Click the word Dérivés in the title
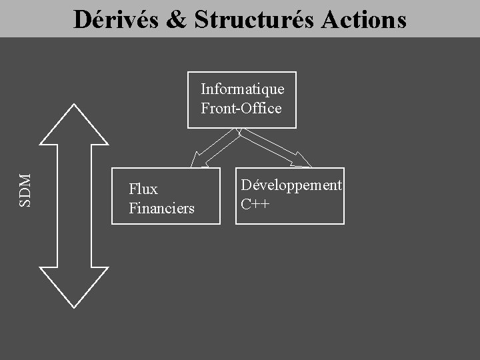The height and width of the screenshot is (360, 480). pos(116,19)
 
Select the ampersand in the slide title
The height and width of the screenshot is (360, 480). pos(177,19)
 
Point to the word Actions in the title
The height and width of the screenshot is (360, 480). pos(364,19)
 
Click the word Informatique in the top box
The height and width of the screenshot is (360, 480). pos(242,89)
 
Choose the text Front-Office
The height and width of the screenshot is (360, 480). pos(241,108)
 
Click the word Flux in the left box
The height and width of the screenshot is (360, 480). pos(143,189)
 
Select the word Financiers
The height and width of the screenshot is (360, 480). pos(161,209)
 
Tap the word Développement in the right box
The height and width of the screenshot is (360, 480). pos(291,185)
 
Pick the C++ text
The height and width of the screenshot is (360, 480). pos(255,204)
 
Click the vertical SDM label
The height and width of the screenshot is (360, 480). pos(25,190)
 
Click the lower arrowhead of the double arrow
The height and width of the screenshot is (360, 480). pos(73,287)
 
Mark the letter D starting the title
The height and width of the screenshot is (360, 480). pos(83,19)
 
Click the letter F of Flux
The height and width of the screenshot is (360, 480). pos(133,189)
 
